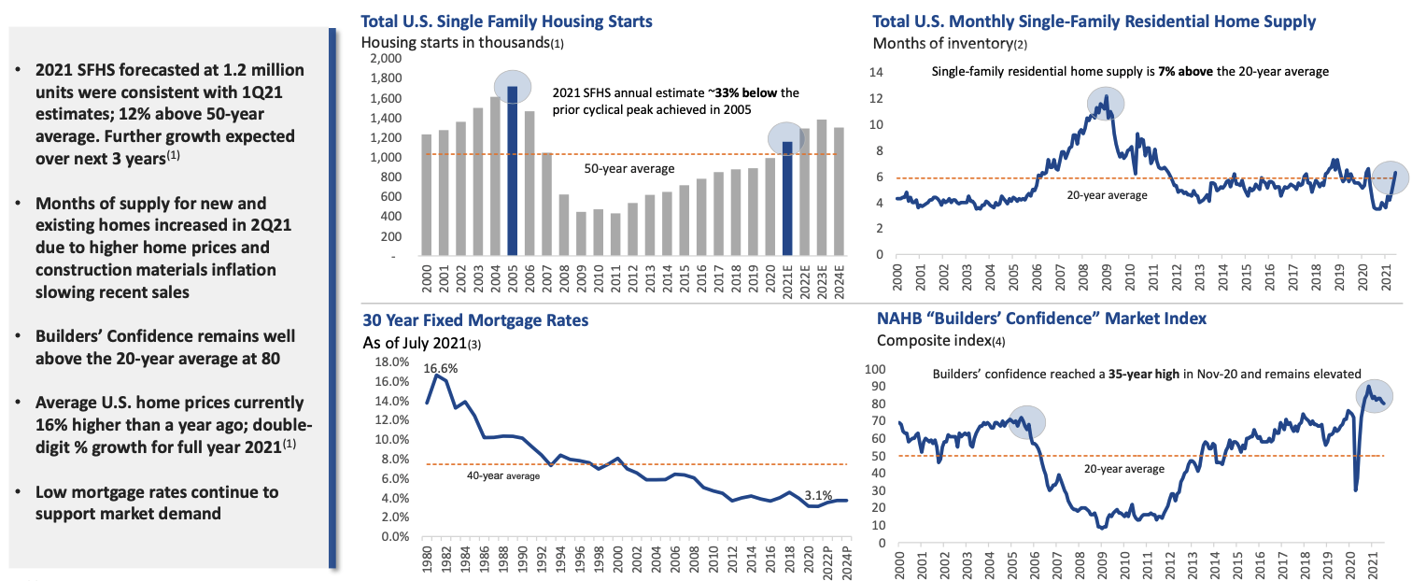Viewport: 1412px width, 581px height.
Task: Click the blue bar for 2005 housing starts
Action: pos(512,172)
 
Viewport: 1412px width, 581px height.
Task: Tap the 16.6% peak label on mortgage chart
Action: pos(441,368)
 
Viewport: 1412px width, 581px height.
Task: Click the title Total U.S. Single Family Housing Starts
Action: pos(507,21)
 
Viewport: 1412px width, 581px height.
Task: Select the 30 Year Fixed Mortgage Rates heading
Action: pos(475,319)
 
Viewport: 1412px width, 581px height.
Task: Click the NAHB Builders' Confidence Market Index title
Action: pos(1039,319)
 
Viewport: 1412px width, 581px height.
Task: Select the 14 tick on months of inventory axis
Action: pos(876,72)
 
